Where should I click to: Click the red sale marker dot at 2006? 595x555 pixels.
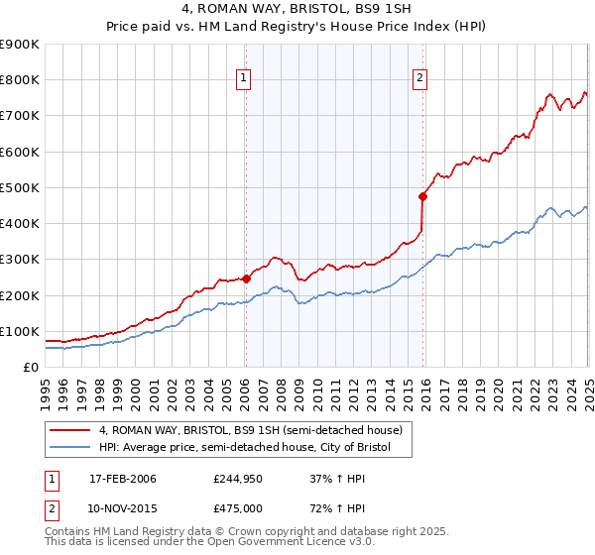[246, 279]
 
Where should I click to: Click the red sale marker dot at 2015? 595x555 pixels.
[422, 196]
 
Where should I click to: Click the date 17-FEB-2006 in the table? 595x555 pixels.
[123, 480]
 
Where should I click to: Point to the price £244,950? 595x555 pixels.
[236, 480]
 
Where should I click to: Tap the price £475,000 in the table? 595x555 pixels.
[236, 508]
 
